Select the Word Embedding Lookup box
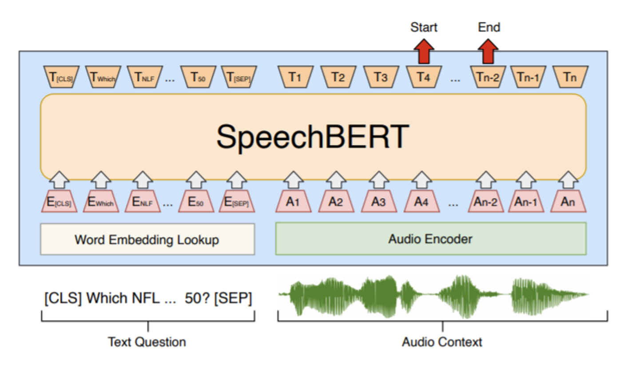click(x=147, y=240)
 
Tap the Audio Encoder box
click(x=430, y=239)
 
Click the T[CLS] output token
click(x=61, y=77)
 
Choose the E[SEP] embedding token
click(x=237, y=202)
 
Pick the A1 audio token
click(x=293, y=202)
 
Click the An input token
click(x=568, y=202)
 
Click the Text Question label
click(x=147, y=342)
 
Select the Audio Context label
click(x=442, y=342)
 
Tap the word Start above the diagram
click(x=424, y=28)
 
